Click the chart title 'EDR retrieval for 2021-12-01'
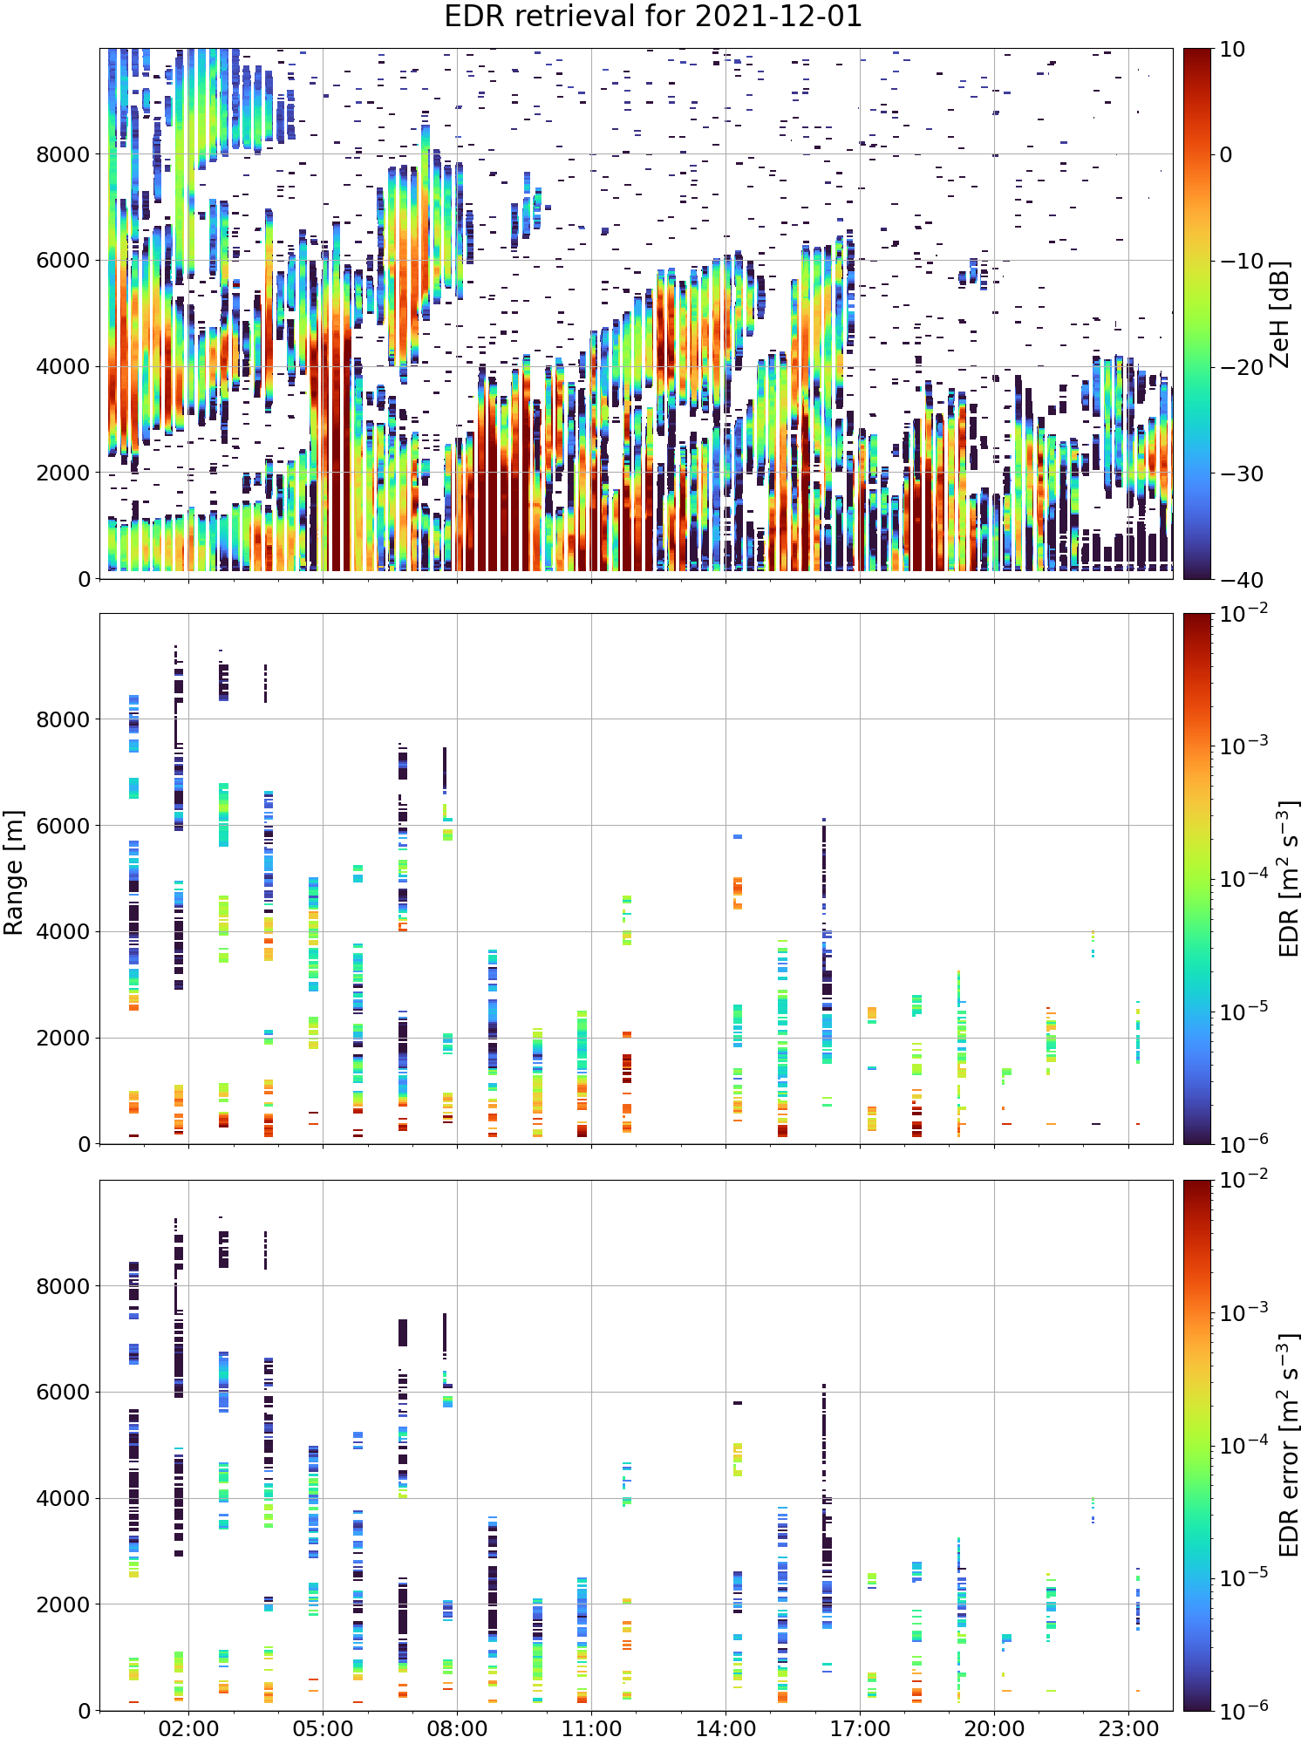click(x=653, y=17)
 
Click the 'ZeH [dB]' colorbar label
click(x=1278, y=313)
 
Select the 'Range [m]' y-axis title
click(x=14, y=872)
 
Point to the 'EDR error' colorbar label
click(x=1289, y=1445)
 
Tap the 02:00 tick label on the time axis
click(x=188, y=1727)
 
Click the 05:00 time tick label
click(x=323, y=1727)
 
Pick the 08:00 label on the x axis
click(x=457, y=1727)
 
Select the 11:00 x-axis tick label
click(x=591, y=1727)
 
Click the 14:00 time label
click(x=726, y=1727)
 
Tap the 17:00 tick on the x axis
click(x=860, y=1727)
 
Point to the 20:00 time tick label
click(x=994, y=1727)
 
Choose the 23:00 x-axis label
click(x=1128, y=1727)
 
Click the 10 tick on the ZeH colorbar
click(x=1232, y=49)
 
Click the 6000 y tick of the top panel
click(x=63, y=260)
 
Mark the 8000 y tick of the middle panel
click(x=63, y=719)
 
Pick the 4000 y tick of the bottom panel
click(x=63, y=1498)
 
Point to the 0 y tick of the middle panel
click(x=84, y=1144)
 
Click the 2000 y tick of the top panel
click(x=63, y=473)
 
